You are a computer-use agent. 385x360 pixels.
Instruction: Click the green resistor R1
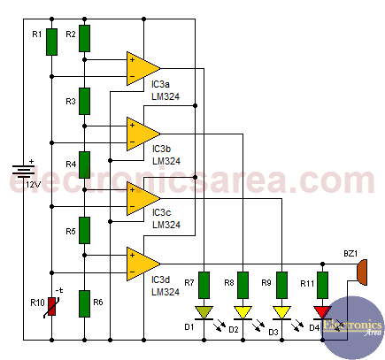[x=51, y=42]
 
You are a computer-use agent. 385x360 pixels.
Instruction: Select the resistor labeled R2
[x=84, y=38]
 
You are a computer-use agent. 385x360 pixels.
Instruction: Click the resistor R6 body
[x=84, y=303]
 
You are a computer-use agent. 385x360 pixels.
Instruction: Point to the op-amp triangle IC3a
[x=143, y=68]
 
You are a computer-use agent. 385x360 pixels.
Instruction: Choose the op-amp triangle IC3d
[x=143, y=264]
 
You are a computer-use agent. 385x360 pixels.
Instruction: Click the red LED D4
[x=322, y=313]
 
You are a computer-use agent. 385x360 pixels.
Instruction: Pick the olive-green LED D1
[x=204, y=313]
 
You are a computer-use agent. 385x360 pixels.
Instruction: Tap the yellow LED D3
[x=281, y=313]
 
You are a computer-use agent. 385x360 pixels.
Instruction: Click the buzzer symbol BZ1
[x=362, y=272]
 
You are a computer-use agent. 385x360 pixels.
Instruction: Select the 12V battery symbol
[x=23, y=171]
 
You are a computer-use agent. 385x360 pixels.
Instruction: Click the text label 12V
[x=34, y=185]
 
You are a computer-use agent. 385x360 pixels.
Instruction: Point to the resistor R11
[x=322, y=285]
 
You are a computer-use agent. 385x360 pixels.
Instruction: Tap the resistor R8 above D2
[x=243, y=285]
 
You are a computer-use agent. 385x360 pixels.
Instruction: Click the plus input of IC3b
[x=132, y=126]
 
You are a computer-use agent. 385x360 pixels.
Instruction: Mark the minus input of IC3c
[x=132, y=206]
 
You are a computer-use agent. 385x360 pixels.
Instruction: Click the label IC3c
[x=161, y=212]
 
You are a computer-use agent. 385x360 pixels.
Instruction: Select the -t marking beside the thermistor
[x=59, y=290]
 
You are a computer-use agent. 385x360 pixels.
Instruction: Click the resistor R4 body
[x=84, y=165]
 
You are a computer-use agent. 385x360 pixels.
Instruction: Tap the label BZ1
[x=350, y=254]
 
